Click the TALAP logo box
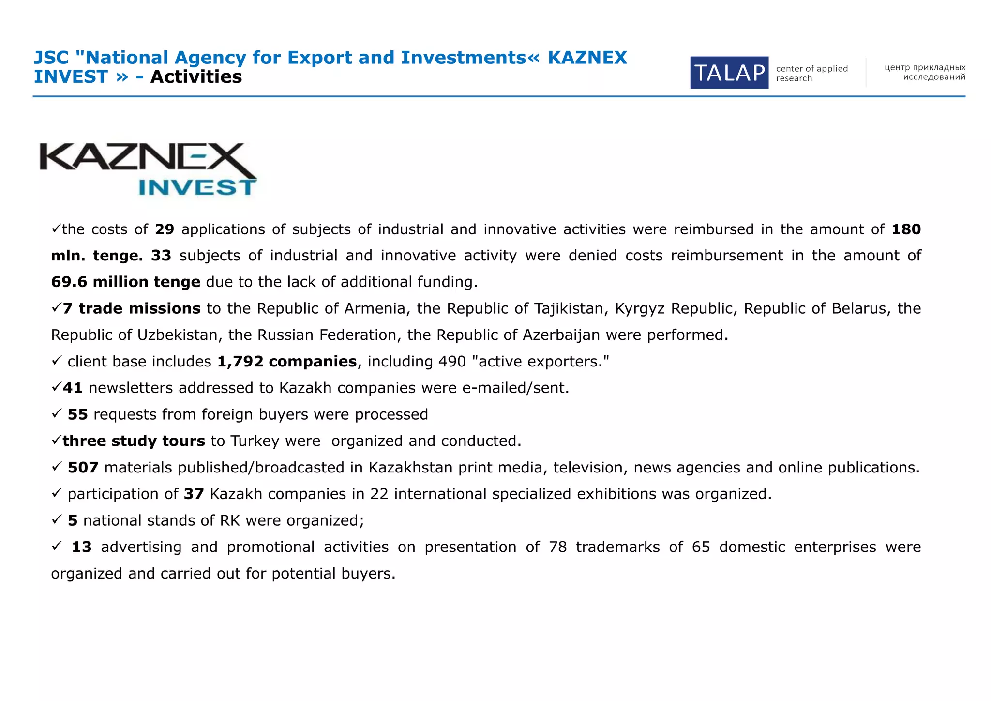(x=729, y=73)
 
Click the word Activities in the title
(x=196, y=76)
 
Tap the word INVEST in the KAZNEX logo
(x=196, y=187)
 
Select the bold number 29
(x=165, y=229)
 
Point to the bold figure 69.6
(x=69, y=282)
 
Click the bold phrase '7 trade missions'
(x=132, y=308)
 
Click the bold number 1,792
(x=240, y=362)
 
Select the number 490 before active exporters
(x=452, y=362)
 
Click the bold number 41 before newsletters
(x=73, y=388)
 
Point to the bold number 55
(x=78, y=414)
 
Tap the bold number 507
(x=83, y=468)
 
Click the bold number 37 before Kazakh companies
(x=194, y=494)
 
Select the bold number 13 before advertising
(x=81, y=547)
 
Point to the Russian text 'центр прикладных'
(x=925, y=67)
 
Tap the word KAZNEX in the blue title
(x=587, y=58)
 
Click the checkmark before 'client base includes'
(x=56, y=360)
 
